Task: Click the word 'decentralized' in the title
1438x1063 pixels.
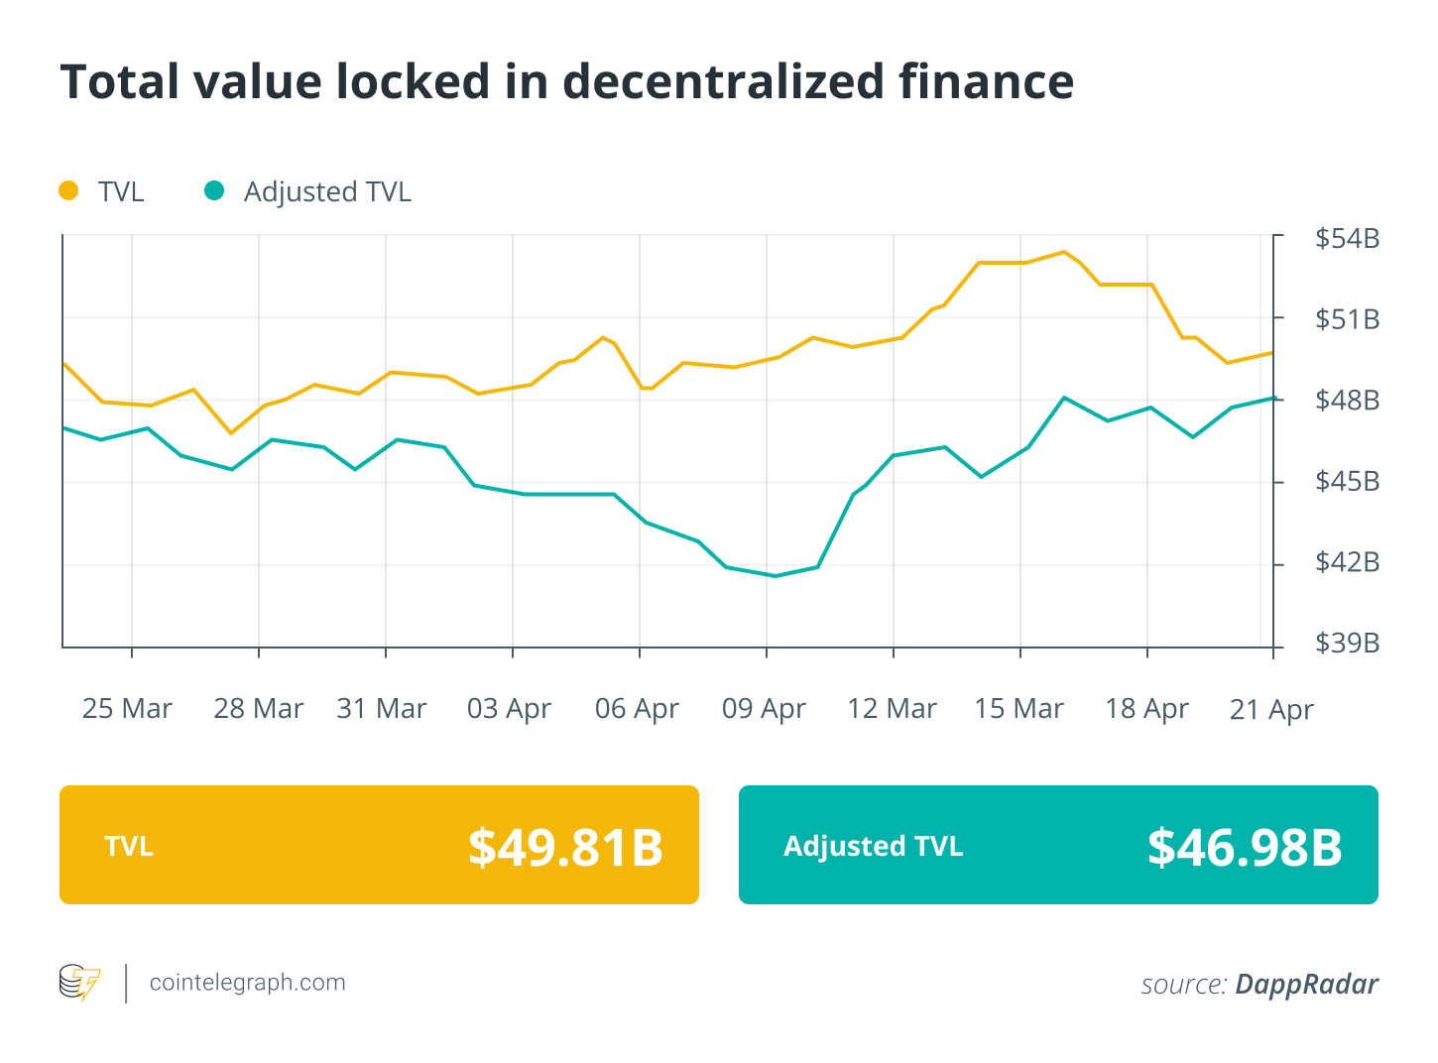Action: click(723, 81)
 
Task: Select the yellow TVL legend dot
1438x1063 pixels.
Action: click(68, 190)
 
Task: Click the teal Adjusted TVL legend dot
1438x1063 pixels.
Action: click(214, 190)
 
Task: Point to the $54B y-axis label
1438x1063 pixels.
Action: click(1347, 239)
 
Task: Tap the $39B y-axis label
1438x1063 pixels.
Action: click(1347, 644)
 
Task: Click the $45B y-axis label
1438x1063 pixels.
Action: click(1347, 482)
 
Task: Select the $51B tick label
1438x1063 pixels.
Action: click(1347, 319)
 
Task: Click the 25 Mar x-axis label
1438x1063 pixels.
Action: click(127, 709)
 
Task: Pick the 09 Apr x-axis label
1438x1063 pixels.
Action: click(764, 709)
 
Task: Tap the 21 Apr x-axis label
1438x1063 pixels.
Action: click(1271, 710)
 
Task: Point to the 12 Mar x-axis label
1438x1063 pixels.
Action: click(892, 709)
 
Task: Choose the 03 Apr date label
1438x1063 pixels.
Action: click(509, 709)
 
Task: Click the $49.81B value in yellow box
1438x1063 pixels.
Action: click(565, 847)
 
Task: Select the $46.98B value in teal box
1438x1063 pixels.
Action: click(1245, 847)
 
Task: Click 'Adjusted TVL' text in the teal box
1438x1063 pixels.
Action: click(873, 846)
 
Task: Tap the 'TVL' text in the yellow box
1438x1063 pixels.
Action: click(129, 846)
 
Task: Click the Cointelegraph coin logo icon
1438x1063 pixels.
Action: click(79, 983)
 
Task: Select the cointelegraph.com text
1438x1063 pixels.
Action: click(247, 983)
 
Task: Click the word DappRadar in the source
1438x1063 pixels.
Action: click(1306, 984)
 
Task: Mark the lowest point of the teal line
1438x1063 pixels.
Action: click(775, 575)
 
